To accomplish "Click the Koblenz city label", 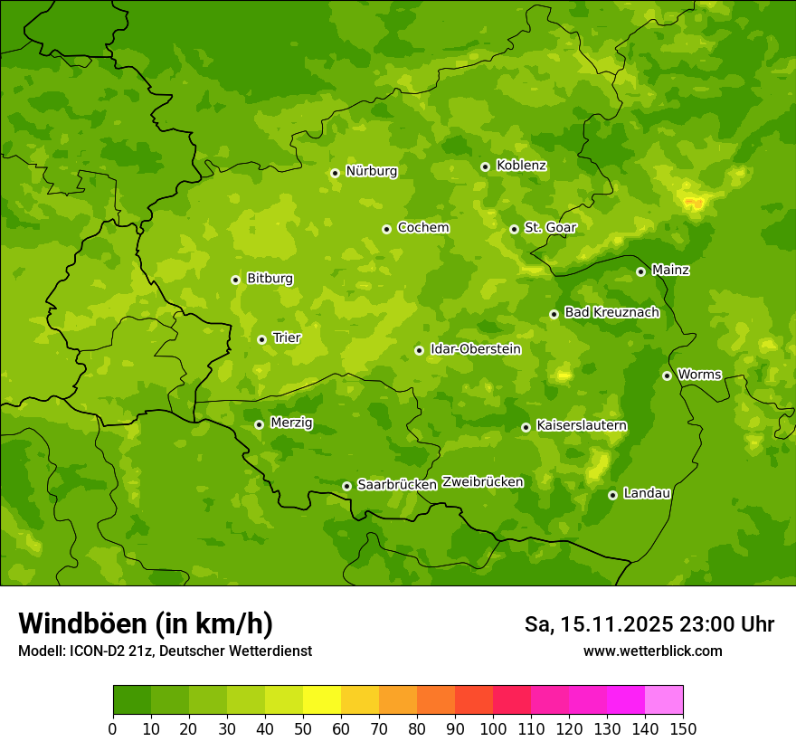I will point(521,166).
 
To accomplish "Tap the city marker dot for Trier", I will point(261,339).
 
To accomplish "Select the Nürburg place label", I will point(371,171).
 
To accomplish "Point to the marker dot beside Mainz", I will point(640,271).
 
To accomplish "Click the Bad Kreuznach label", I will point(611,312).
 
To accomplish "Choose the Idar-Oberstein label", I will point(475,348).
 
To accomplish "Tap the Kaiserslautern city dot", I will point(526,427).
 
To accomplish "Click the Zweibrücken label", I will point(482,482).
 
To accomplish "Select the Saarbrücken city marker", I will point(346,486).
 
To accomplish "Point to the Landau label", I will point(647,493).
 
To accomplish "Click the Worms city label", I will point(700,374).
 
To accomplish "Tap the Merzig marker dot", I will point(259,424).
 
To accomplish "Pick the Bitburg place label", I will point(270,279).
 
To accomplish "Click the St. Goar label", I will point(550,227).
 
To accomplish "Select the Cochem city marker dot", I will point(386,229).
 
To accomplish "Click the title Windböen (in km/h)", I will point(146,623).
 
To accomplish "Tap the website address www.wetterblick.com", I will point(652,651).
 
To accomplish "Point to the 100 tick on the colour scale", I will point(493,728).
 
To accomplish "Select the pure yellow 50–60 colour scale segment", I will point(322,700).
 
